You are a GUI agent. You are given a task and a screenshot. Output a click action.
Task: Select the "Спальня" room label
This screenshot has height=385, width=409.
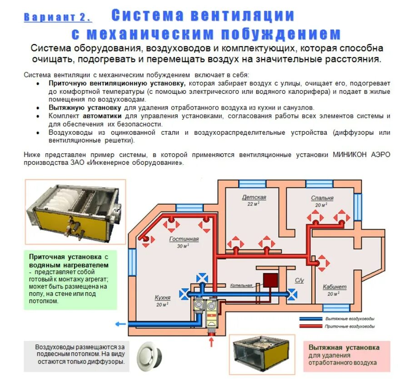[322, 198]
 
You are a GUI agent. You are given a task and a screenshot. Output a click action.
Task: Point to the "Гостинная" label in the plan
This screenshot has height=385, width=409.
[184, 239]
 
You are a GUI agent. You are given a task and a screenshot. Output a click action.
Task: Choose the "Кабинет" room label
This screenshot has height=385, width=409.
[334, 287]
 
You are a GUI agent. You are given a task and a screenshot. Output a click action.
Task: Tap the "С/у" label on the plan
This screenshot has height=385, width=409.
[299, 281]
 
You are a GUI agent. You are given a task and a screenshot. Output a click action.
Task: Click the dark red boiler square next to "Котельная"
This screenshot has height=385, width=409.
[271, 279]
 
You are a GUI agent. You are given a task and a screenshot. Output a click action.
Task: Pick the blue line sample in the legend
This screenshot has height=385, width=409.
[309, 319]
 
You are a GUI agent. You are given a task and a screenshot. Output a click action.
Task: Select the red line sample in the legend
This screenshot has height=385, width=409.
[309, 326]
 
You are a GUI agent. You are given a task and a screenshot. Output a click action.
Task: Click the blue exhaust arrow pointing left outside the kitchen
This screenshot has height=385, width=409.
[121, 324]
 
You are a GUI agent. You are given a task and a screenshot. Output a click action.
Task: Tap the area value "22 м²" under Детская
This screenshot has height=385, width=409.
[253, 204]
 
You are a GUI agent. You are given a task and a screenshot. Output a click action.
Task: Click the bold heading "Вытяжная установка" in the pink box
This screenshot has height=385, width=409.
[344, 347]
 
